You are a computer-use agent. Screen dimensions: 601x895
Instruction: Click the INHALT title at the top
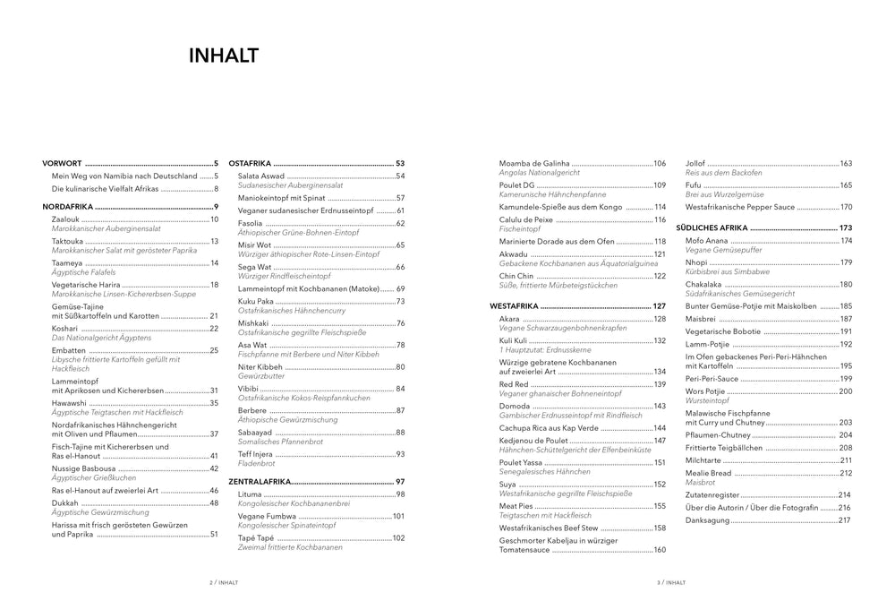coord(223,56)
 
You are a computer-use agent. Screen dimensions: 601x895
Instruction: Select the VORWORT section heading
coord(63,164)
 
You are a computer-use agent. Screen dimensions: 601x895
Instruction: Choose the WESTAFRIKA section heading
coord(515,306)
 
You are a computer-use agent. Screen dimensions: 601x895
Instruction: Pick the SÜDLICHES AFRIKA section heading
coord(716,228)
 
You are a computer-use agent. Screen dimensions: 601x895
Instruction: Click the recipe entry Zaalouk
coord(66,219)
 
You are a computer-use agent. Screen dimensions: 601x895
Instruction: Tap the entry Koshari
coord(65,328)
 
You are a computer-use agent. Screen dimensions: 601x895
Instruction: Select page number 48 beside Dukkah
coord(214,503)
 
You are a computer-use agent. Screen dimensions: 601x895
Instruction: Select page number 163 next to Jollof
coord(846,164)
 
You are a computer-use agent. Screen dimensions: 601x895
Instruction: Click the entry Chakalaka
coord(705,284)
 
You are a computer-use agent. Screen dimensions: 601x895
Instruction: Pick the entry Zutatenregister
coord(713,494)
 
